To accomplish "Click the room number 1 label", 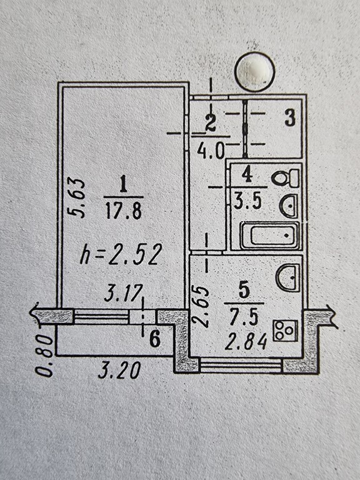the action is coord(123,183).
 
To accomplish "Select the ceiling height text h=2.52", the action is coord(121,255).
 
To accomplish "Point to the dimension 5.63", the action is coord(76,197).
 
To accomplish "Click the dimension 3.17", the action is coord(124,293).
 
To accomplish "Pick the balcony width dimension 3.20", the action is coord(120,370).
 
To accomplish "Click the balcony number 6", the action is coord(155,339).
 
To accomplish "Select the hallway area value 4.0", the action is coord(211,150).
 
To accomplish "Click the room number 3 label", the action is coord(290,118).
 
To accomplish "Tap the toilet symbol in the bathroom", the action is coord(285,178).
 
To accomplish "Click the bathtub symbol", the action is coord(270,235).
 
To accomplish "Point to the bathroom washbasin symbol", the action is coord(288,206).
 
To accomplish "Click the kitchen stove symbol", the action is coord(285,331).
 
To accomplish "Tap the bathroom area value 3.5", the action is coord(248,202).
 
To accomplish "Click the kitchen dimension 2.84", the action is coord(246,341).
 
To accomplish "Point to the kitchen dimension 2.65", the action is coord(201,306).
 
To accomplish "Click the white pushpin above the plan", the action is coord(255,72).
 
